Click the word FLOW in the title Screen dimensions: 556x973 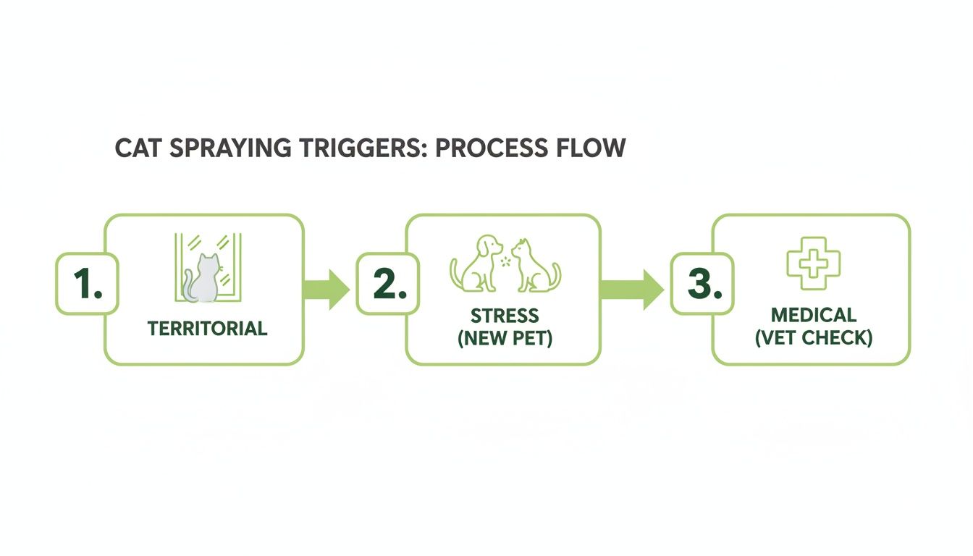tap(592, 148)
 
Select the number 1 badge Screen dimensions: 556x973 tap(87, 284)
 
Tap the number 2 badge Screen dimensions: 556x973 tap(387, 284)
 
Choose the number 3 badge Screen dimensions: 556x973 tap(701, 284)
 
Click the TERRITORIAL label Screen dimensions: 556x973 tap(207, 329)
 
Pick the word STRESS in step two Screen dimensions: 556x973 tap(505, 316)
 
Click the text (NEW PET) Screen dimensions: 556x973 tap(505, 337)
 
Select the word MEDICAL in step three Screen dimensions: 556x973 tap(813, 316)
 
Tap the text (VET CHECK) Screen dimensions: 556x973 tap(813, 337)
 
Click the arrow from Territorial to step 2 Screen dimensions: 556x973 tap(327, 290)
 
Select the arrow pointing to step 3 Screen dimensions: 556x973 tap(631, 290)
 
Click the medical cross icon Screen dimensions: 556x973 tap(814, 259)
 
